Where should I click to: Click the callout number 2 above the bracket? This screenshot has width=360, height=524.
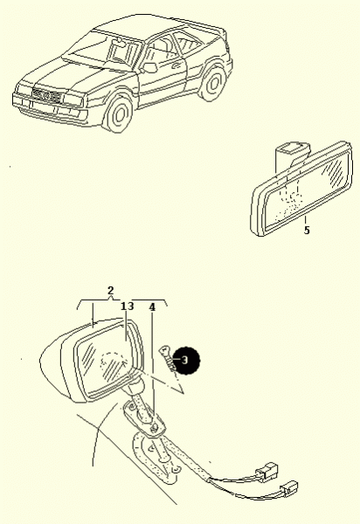(x=111, y=291)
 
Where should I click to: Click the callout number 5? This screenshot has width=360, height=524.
(x=307, y=230)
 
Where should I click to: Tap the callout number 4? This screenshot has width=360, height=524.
(x=152, y=307)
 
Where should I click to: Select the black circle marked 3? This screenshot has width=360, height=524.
(x=187, y=360)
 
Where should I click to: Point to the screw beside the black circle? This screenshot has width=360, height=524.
(x=167, y=358)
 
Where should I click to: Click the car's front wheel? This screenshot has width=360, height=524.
(x=119, y=114)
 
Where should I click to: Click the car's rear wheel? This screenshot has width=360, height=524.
(x=212, y=84)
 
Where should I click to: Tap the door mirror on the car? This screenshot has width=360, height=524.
(x=149, y=67)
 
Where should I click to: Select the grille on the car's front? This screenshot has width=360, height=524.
(x=47, y=95)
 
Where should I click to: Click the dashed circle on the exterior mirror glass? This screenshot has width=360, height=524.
(x=114, y=365)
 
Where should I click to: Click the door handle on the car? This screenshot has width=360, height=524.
(x=176, y=65)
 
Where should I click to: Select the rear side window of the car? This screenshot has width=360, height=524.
(x=188, y=43)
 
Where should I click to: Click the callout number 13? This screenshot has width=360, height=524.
(x=127, y=307)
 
